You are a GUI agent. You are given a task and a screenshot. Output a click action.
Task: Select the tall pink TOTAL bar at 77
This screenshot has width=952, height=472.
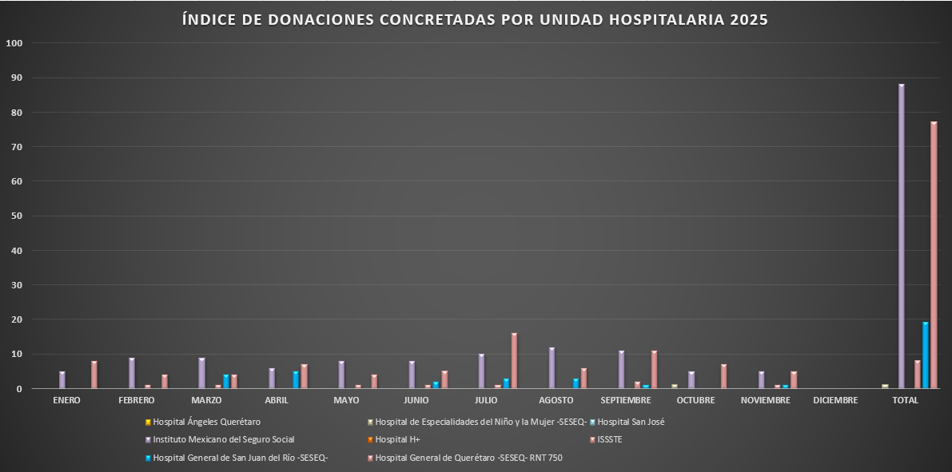click(934, 256)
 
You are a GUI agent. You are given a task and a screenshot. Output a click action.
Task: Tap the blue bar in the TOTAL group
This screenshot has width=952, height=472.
click(926, 355)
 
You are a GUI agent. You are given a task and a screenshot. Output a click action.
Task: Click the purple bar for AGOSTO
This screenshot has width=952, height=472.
click(552, 368)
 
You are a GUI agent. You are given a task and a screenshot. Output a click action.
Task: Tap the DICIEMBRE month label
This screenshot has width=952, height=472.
click(835, 400)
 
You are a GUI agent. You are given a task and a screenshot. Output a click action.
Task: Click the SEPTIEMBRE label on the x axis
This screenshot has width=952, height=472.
click(625, 400)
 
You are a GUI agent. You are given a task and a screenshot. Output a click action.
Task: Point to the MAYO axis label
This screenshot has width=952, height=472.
click(346, 400)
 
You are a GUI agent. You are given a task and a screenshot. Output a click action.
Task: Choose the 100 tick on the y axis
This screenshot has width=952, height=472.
click(14, 43)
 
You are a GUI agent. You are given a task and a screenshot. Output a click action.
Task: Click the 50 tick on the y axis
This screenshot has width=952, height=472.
click(16, 216)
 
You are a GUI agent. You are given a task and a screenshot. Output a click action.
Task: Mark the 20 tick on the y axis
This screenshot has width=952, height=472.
click(16, 319)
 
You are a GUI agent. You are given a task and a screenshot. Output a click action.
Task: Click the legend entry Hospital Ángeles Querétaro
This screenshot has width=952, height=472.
click(206, 422)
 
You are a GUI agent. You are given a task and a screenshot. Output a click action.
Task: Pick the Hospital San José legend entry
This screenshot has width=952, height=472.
click(631, 422)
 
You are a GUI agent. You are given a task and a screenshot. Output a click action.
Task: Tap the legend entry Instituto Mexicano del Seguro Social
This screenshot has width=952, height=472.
click(223, 439)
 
